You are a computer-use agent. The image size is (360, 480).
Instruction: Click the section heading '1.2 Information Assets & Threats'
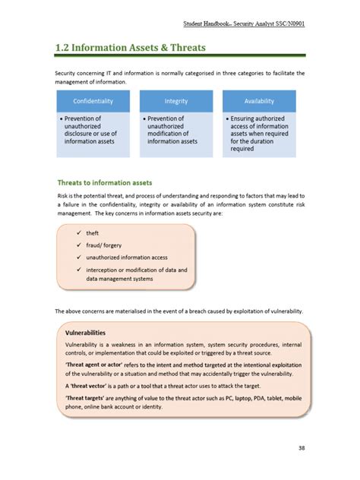pos(130,47)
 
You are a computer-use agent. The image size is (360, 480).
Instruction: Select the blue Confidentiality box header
pos(93,101)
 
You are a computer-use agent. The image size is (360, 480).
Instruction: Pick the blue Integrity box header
pos(175,101)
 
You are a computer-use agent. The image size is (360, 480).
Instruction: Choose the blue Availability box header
pos(259,101)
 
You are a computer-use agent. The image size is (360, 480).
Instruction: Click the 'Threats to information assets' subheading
pos(105,182)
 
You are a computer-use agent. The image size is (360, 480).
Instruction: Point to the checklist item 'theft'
pos(93,233)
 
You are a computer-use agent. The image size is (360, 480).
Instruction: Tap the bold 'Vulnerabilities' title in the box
pos(85,333)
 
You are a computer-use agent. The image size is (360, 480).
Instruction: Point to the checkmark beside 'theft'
pos(79,233)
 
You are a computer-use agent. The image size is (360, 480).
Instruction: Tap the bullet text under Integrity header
pos(173,130)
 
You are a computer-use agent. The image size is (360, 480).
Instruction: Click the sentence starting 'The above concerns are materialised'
pos(179,311)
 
